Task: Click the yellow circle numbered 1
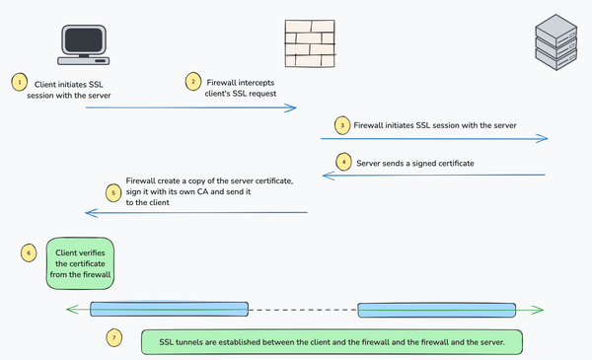click(x=19, y=82)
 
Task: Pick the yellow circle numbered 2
click(x=194, y=82)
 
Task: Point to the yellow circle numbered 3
click(x=340, y=126)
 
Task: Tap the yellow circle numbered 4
click(x=342, y=161)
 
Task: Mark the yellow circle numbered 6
click(x=28, y=253)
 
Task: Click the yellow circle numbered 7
click(x=115, y=339)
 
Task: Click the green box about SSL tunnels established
click(x=331, y=341)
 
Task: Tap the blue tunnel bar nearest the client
click(x=169, y=309)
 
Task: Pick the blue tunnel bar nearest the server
click(x=436, y=310)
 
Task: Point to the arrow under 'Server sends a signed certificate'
click(x=449, y=176)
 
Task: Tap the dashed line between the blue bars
click(x=303, y=309)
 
